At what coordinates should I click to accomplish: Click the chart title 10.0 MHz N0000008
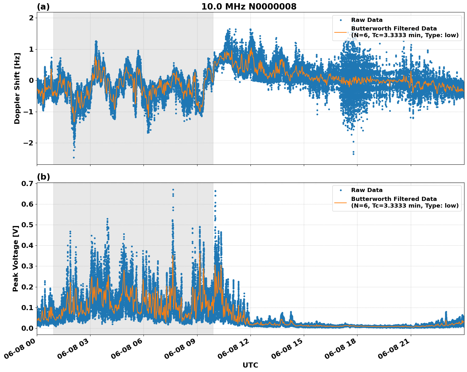pyautogui.click(x=249, y=7)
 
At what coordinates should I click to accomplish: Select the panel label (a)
pyautogui.click(x=43, y=7)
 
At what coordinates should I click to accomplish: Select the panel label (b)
pyautogui.click(x=43, y=177)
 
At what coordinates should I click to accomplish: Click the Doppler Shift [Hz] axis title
pyautogui.click(x=17, y=88)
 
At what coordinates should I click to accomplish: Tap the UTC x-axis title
pyautogui.click(x=250, y=365)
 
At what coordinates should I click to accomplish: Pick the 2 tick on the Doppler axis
pyautogui.click(x=31, y=18)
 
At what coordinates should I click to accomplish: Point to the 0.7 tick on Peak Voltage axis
pyautogui.click(x=27, y=183)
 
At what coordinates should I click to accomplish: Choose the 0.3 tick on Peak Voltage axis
pyautogui.click(x=27, y=266)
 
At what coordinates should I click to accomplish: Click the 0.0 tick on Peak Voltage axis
pyautogui.click(x=27, y=328)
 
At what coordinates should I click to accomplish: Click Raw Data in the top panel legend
pyautogui.click(x=367, y=20)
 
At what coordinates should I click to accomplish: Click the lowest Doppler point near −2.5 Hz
pyautogui.click(x=74, y=157)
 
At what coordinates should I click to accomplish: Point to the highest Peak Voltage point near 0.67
pyautogui.click(x=173, y=189)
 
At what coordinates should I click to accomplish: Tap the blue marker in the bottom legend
pyautogui.click(x=341, y=190)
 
